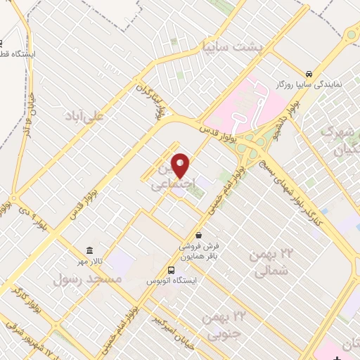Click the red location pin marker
point(181,165)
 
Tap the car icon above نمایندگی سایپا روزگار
point(309,73)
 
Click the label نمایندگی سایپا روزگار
point(308,84)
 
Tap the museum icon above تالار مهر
point(89,250)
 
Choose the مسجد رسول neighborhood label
point(89,279)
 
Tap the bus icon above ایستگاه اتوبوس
point(171,270)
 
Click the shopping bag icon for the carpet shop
point(199,235)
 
